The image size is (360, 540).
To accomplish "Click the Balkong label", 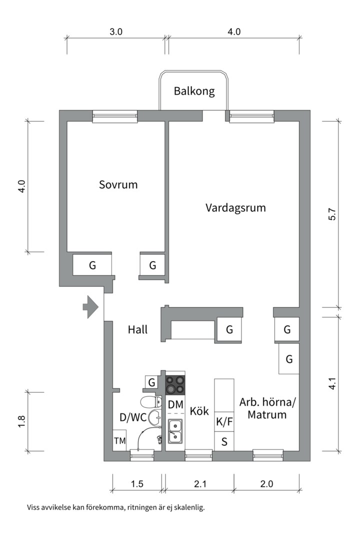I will point(194,91).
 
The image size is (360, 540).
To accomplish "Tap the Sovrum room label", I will point(118,184).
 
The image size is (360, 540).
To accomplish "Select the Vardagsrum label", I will point(235,207).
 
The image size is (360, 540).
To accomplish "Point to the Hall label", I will point(137,329).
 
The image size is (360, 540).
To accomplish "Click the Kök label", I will point(199,411).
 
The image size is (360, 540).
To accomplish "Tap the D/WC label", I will point(133,417).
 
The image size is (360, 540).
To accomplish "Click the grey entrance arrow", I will point(90,306).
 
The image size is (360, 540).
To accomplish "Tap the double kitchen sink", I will point(175,431).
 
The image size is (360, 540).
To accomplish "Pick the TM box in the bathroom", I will point(119,440).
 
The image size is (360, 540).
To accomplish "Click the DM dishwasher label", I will point(175,404).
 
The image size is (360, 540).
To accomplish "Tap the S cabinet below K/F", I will point(224,441).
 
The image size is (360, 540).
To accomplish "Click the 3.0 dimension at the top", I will point(116,32).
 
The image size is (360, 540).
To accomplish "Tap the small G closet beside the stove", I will point(151,383).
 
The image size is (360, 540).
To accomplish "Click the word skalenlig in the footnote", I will point(189,507).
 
